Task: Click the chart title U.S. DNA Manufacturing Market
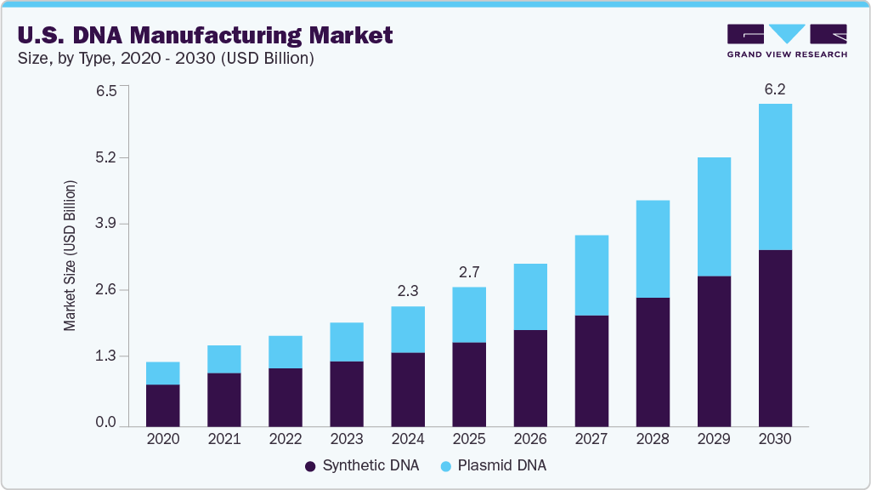tap(205, 35)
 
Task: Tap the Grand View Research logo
tap(786, 41)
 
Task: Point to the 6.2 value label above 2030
tap(774, 88)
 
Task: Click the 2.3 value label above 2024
tap(407, 291)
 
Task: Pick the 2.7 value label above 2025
tap(468, 272)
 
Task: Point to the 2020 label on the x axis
tap(162, 440)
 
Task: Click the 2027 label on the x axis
tap(591, 440)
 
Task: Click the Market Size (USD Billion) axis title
tap(70, 256)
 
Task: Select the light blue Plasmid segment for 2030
tap(774, 177)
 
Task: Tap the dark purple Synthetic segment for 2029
tap(713, 350)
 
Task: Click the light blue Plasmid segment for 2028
tap(652, 248)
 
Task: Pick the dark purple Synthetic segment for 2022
tap(285, 396)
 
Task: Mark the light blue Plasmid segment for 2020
tap(162, 373)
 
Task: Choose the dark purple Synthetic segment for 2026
tap(529, 378)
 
